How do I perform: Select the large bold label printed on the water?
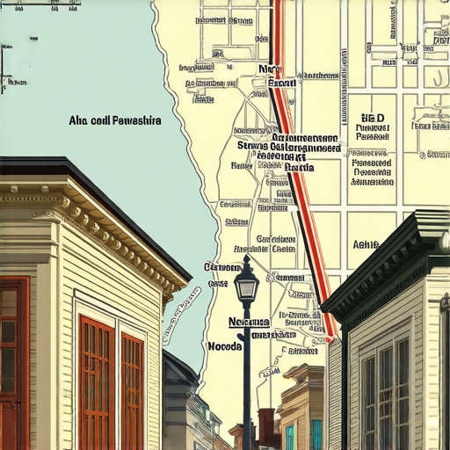(114, 120)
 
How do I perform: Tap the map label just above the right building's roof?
(366, 245)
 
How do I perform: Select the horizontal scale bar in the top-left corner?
(40, 4)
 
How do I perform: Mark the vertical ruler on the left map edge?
(3, 66)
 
